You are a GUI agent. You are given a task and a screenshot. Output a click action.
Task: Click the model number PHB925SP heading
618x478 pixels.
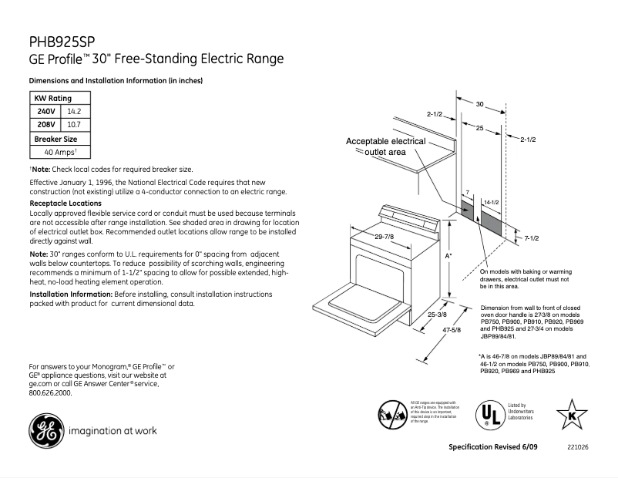(x=62, y=41)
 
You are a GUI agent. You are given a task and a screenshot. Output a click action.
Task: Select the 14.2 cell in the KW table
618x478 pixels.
(x=74, y=111)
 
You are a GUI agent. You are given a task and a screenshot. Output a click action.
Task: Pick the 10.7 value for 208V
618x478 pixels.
(x=74, y=123)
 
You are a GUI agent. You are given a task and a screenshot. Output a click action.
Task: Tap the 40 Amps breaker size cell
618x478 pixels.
(x=59, y=152)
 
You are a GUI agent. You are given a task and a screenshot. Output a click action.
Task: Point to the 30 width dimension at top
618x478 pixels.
(x=479, y=103)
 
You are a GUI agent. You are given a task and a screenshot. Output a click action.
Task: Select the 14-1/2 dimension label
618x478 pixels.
(x=491, y=202)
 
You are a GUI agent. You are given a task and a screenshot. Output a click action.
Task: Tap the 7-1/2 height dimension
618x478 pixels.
(x=530, y=239)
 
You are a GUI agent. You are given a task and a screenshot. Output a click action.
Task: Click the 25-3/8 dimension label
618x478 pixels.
(x=437, y=315)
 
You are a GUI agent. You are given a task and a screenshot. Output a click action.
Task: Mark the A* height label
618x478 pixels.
(x=448, y=254)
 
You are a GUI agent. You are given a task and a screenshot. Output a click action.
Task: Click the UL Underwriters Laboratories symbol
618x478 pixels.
(x=486, y=415)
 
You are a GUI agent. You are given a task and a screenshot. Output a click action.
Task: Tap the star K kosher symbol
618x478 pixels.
(x=573, y=415)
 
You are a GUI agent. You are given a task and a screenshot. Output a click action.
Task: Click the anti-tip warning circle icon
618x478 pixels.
(x=391, y=415)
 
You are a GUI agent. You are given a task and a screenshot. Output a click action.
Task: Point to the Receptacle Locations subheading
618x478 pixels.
(x=65, y=203)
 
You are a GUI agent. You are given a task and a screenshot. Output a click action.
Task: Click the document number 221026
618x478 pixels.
(x=578, y=448)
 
